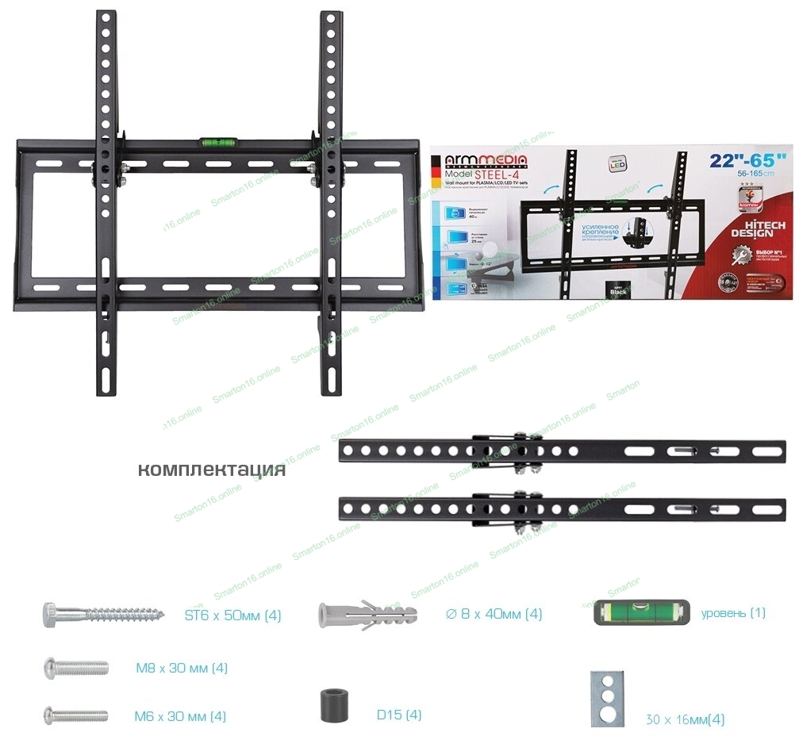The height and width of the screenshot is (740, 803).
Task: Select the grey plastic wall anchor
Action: (x=367, y=614)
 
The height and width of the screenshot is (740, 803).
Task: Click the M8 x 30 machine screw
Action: (x=75, y=667)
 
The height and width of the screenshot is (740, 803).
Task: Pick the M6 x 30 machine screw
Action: (x=75, y=715)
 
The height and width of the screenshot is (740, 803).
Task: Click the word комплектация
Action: (x=211, y=470)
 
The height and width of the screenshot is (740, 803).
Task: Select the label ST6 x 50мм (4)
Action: (x=232, y=615)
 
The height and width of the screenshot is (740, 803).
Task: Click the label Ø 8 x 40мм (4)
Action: (x=494, y=614)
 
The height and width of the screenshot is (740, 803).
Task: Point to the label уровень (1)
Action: (x=733, y=613)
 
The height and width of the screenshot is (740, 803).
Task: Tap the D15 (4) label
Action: (x=399, y=715)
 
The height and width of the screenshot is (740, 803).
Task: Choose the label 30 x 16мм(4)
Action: (x=684, y=720)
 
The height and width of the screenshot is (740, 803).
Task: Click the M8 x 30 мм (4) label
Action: (x=182, y=668)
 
